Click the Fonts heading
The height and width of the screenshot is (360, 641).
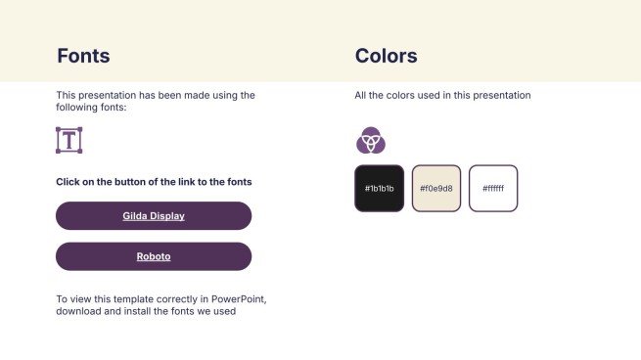[83, 56]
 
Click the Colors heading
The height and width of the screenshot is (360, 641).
[386, 56]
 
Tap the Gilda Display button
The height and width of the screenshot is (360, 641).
[154, 215]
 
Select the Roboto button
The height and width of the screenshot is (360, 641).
[154, 256]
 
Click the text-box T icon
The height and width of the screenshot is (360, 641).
[69, 140]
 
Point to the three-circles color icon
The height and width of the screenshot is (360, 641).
[371, 141]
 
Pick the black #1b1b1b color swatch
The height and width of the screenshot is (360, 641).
[379, 188]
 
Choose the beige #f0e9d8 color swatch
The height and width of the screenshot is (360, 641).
[436, 188]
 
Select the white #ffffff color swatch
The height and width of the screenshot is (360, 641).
[493, 188]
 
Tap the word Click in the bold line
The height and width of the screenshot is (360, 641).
[68, 182]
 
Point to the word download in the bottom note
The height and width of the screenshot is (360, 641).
[77, 312]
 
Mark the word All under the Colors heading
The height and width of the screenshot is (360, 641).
[361, 95]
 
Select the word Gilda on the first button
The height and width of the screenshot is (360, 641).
[135, 215]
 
